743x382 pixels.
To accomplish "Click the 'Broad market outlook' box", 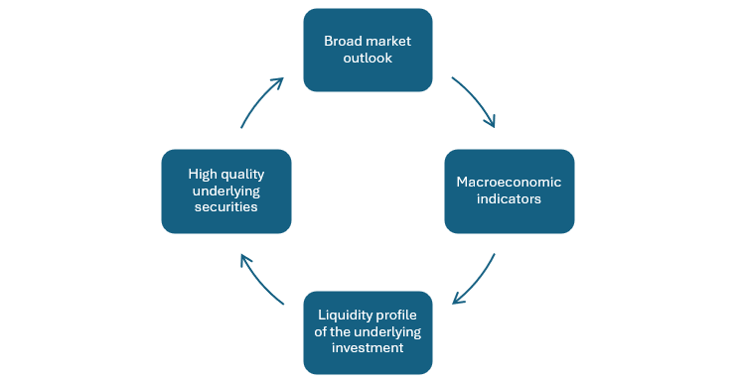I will coord(368,50).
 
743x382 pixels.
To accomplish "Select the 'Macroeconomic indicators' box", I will coord(509,191).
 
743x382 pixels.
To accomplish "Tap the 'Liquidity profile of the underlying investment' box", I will coord(368,332).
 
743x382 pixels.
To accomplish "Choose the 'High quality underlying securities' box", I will coord(225,191).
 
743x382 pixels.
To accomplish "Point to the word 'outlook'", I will coord(368,59).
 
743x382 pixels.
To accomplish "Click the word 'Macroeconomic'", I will coord(509,183).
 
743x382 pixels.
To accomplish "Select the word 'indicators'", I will coord(509,199).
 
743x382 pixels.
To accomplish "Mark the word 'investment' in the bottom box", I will coord(368,349).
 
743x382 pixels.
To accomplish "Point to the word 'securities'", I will coord(225,207).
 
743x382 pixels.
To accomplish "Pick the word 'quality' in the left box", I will coord(243,174).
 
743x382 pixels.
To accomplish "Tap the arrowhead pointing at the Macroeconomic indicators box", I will coord(490,123).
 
